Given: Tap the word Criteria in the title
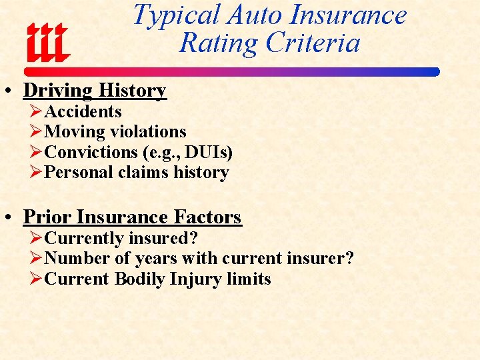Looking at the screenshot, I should [313, 43].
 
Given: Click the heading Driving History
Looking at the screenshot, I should [95, 90].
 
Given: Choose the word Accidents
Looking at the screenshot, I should [83, 111].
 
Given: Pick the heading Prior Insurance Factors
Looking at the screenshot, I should [132, 217].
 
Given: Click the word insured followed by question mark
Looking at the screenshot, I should [163, 238].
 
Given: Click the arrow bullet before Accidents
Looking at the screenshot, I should [37, 111].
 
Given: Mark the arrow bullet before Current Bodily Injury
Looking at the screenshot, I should [37, 279].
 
